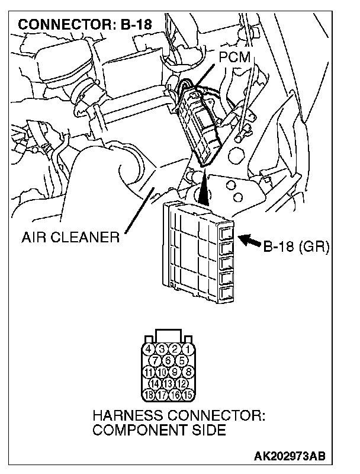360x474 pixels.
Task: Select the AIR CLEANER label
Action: tap(70, 238)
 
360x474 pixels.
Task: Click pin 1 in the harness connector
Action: tap(187, 350)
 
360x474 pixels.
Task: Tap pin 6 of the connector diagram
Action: tap(168, 360)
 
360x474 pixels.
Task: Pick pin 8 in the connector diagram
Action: tap(187, 371)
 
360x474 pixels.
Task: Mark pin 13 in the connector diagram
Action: tap(168, 383)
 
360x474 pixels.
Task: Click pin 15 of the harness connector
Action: tap(187, 393)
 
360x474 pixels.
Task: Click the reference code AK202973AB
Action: tap(290, 457)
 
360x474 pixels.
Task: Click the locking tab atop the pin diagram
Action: tap(168, 335)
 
